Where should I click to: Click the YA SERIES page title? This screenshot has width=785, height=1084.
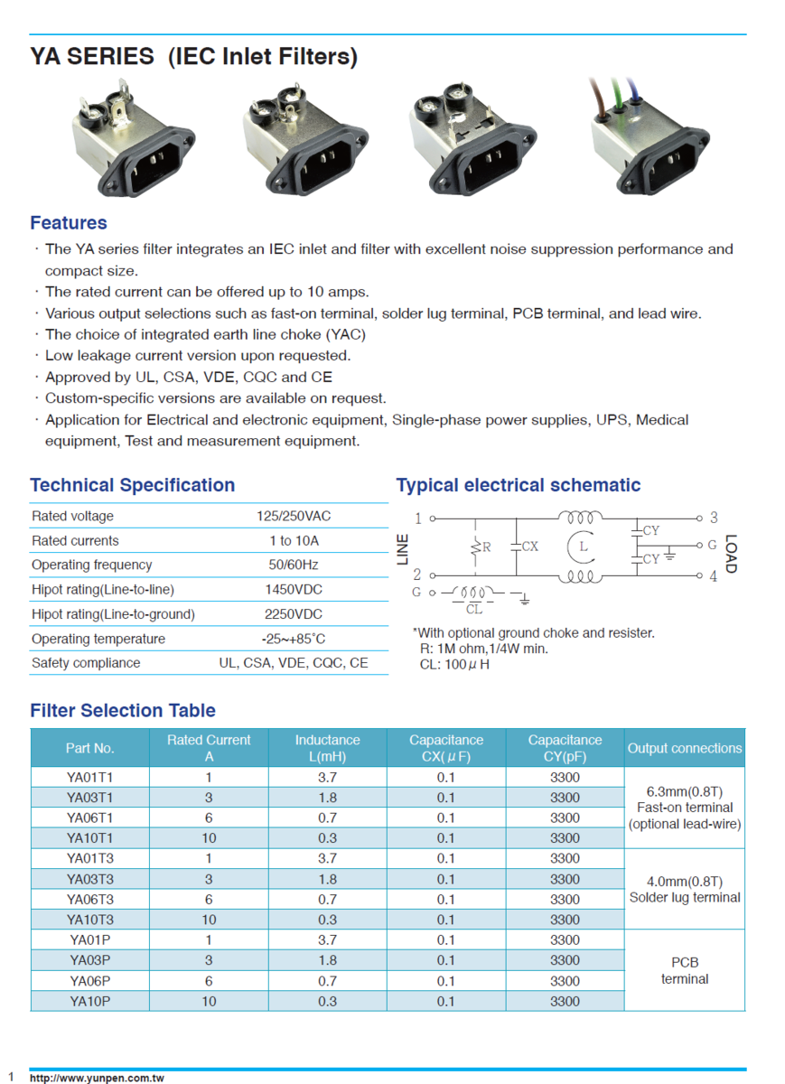tap(193, 57)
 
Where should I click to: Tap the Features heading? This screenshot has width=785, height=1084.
tap(69, 223)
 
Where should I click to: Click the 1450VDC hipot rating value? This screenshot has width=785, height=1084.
tap(294, 590)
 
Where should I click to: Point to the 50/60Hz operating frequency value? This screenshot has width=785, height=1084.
tap(294, 565)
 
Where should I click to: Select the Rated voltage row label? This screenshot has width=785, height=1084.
tap(72, 517)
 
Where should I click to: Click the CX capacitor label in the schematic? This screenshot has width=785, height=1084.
tap(530, 547)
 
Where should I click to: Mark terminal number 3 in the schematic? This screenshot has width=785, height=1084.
tap(714, 518)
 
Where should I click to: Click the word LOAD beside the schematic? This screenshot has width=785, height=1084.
tap(731, 554)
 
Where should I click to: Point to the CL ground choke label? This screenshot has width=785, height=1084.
tap(474, 610)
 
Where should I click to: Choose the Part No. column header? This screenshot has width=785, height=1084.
tap(90, 748)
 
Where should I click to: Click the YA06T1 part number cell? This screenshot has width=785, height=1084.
tap(90, 818)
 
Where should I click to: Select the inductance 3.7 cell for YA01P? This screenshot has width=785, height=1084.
tap(328, 940)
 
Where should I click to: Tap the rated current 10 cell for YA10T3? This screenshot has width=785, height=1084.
tap(209, 920)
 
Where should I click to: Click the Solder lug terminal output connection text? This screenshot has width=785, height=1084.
tap(685, 898)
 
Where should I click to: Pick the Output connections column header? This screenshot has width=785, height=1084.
tap(685, 748)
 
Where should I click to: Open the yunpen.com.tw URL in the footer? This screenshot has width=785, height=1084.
tap(97, 1078)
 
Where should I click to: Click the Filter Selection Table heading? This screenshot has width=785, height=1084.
tap(123, 711)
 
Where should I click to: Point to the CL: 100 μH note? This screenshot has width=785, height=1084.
tap(454, 665)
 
